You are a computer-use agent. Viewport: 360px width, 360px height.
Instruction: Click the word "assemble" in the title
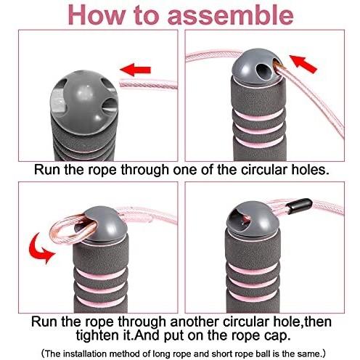click(231, 15)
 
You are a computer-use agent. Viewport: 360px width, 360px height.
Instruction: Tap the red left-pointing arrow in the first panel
click(136, 70)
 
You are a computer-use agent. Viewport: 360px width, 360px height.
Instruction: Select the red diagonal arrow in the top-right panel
click(303, 64)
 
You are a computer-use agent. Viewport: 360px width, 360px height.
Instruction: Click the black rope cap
click(299, 205)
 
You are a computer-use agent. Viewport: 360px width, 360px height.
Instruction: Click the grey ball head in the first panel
click(84, 103)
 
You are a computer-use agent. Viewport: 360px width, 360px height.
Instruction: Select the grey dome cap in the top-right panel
click(258, 67)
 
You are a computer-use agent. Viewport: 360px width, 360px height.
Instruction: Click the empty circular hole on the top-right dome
click(263, 70)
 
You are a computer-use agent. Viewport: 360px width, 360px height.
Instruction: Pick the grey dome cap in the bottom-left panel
click(103, 224)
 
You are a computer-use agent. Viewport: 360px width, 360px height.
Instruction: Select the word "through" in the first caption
click(144, 170)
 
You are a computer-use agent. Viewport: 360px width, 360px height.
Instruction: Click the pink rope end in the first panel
click(148, 84)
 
